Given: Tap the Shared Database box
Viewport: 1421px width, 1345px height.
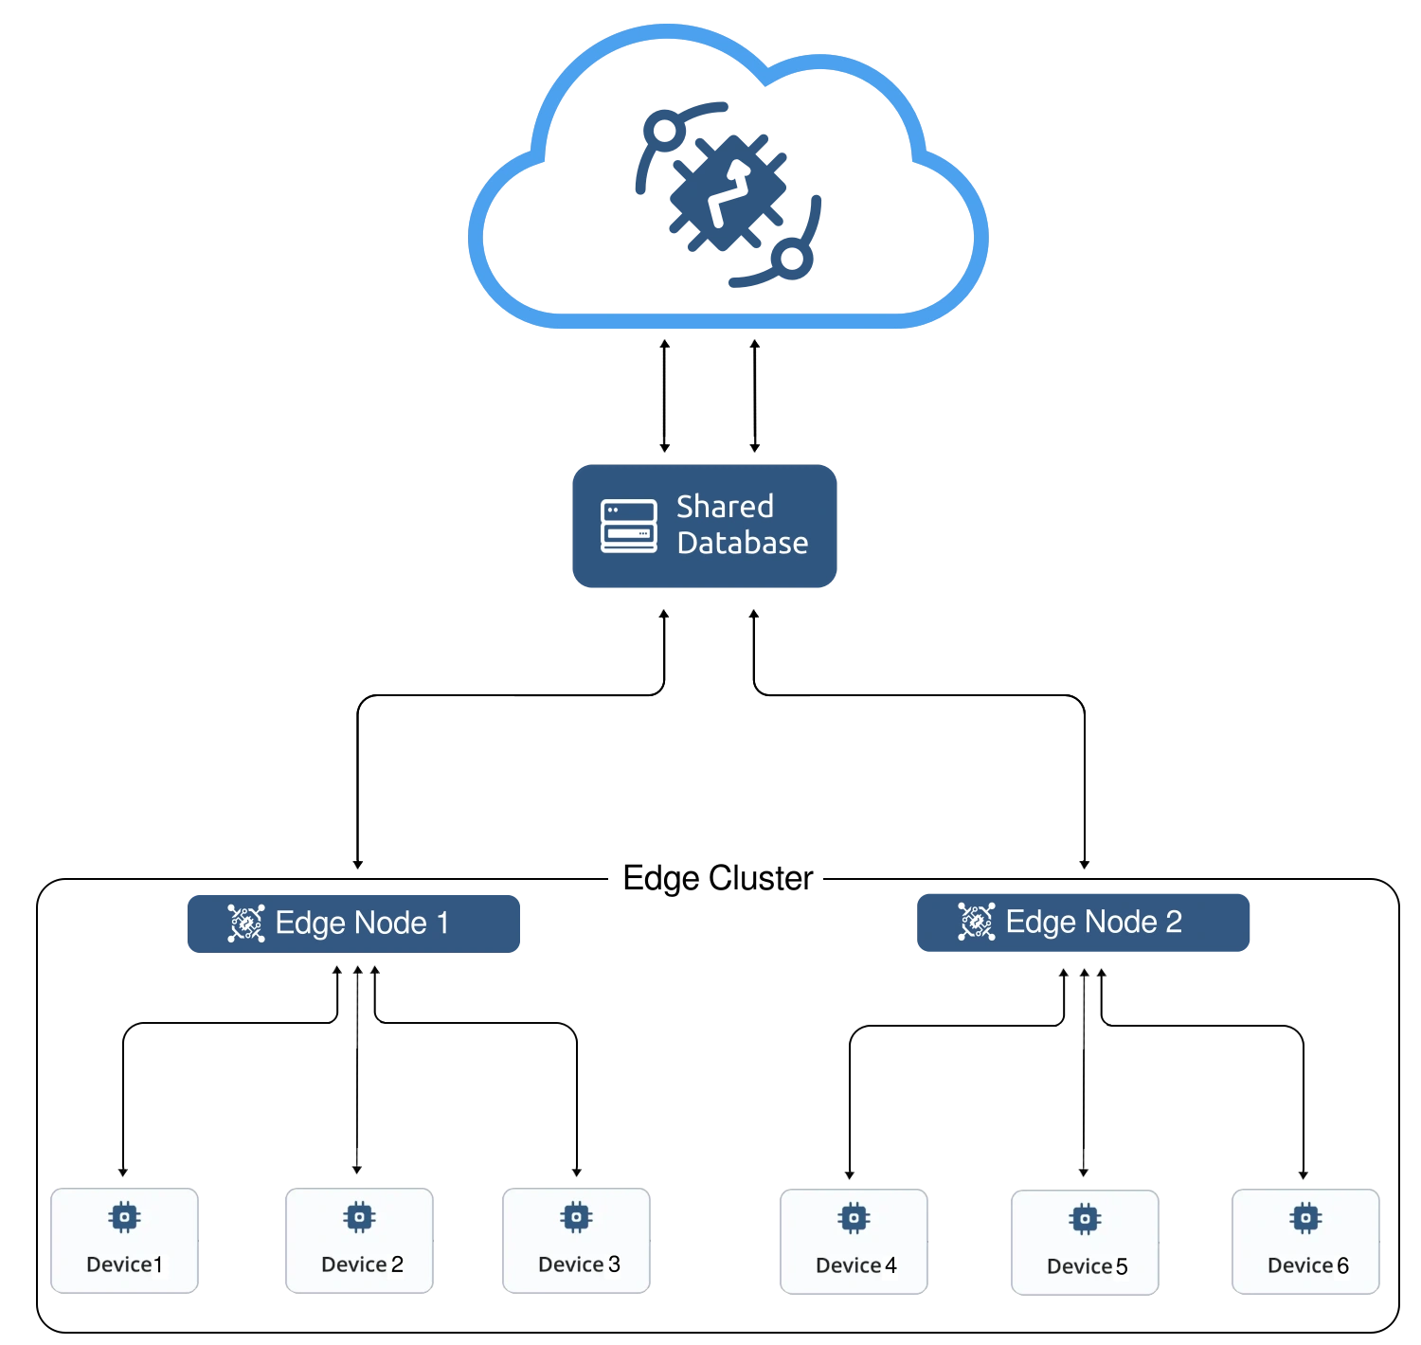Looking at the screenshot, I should (x=705, y=527).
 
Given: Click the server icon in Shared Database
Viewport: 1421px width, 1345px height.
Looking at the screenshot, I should (x=628, y=526).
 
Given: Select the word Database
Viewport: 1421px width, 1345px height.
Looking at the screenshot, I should (x=742, y=544).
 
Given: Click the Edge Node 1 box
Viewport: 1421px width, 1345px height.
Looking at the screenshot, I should (x=352, y=924).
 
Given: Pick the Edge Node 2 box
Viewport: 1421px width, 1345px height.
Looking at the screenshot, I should (x=1083, y=922).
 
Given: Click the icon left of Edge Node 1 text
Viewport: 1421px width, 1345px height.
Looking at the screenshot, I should (x=245, y=924).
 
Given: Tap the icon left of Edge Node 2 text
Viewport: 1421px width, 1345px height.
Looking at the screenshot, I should (x=976, y=922).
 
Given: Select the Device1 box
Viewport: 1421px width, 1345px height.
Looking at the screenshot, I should (x=124, y=1240).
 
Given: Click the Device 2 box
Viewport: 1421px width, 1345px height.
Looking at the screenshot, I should (x=359, y=1240).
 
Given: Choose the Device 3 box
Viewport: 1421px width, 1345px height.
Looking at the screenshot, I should (x=576, y=1240).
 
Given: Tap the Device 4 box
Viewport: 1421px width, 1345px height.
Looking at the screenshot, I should (x=854, y=1241).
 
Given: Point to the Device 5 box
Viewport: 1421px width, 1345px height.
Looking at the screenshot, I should (x=1085, y=1242).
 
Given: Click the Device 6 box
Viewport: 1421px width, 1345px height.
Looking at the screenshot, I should (x=1305, y=1241).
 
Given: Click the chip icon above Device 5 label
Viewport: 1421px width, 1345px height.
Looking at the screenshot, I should (x=1085, y=1219).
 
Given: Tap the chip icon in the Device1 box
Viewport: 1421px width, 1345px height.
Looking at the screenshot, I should (x=124, y=1217).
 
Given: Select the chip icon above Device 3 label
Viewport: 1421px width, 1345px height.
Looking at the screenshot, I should (x=576, y=1217).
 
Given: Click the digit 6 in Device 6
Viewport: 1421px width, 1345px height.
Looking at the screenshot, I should (x=1342, y=1266).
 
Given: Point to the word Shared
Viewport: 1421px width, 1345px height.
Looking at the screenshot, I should (x=725, y=507).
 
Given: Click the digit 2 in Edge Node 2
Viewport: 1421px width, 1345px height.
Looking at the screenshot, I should (x=1173, y=922).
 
